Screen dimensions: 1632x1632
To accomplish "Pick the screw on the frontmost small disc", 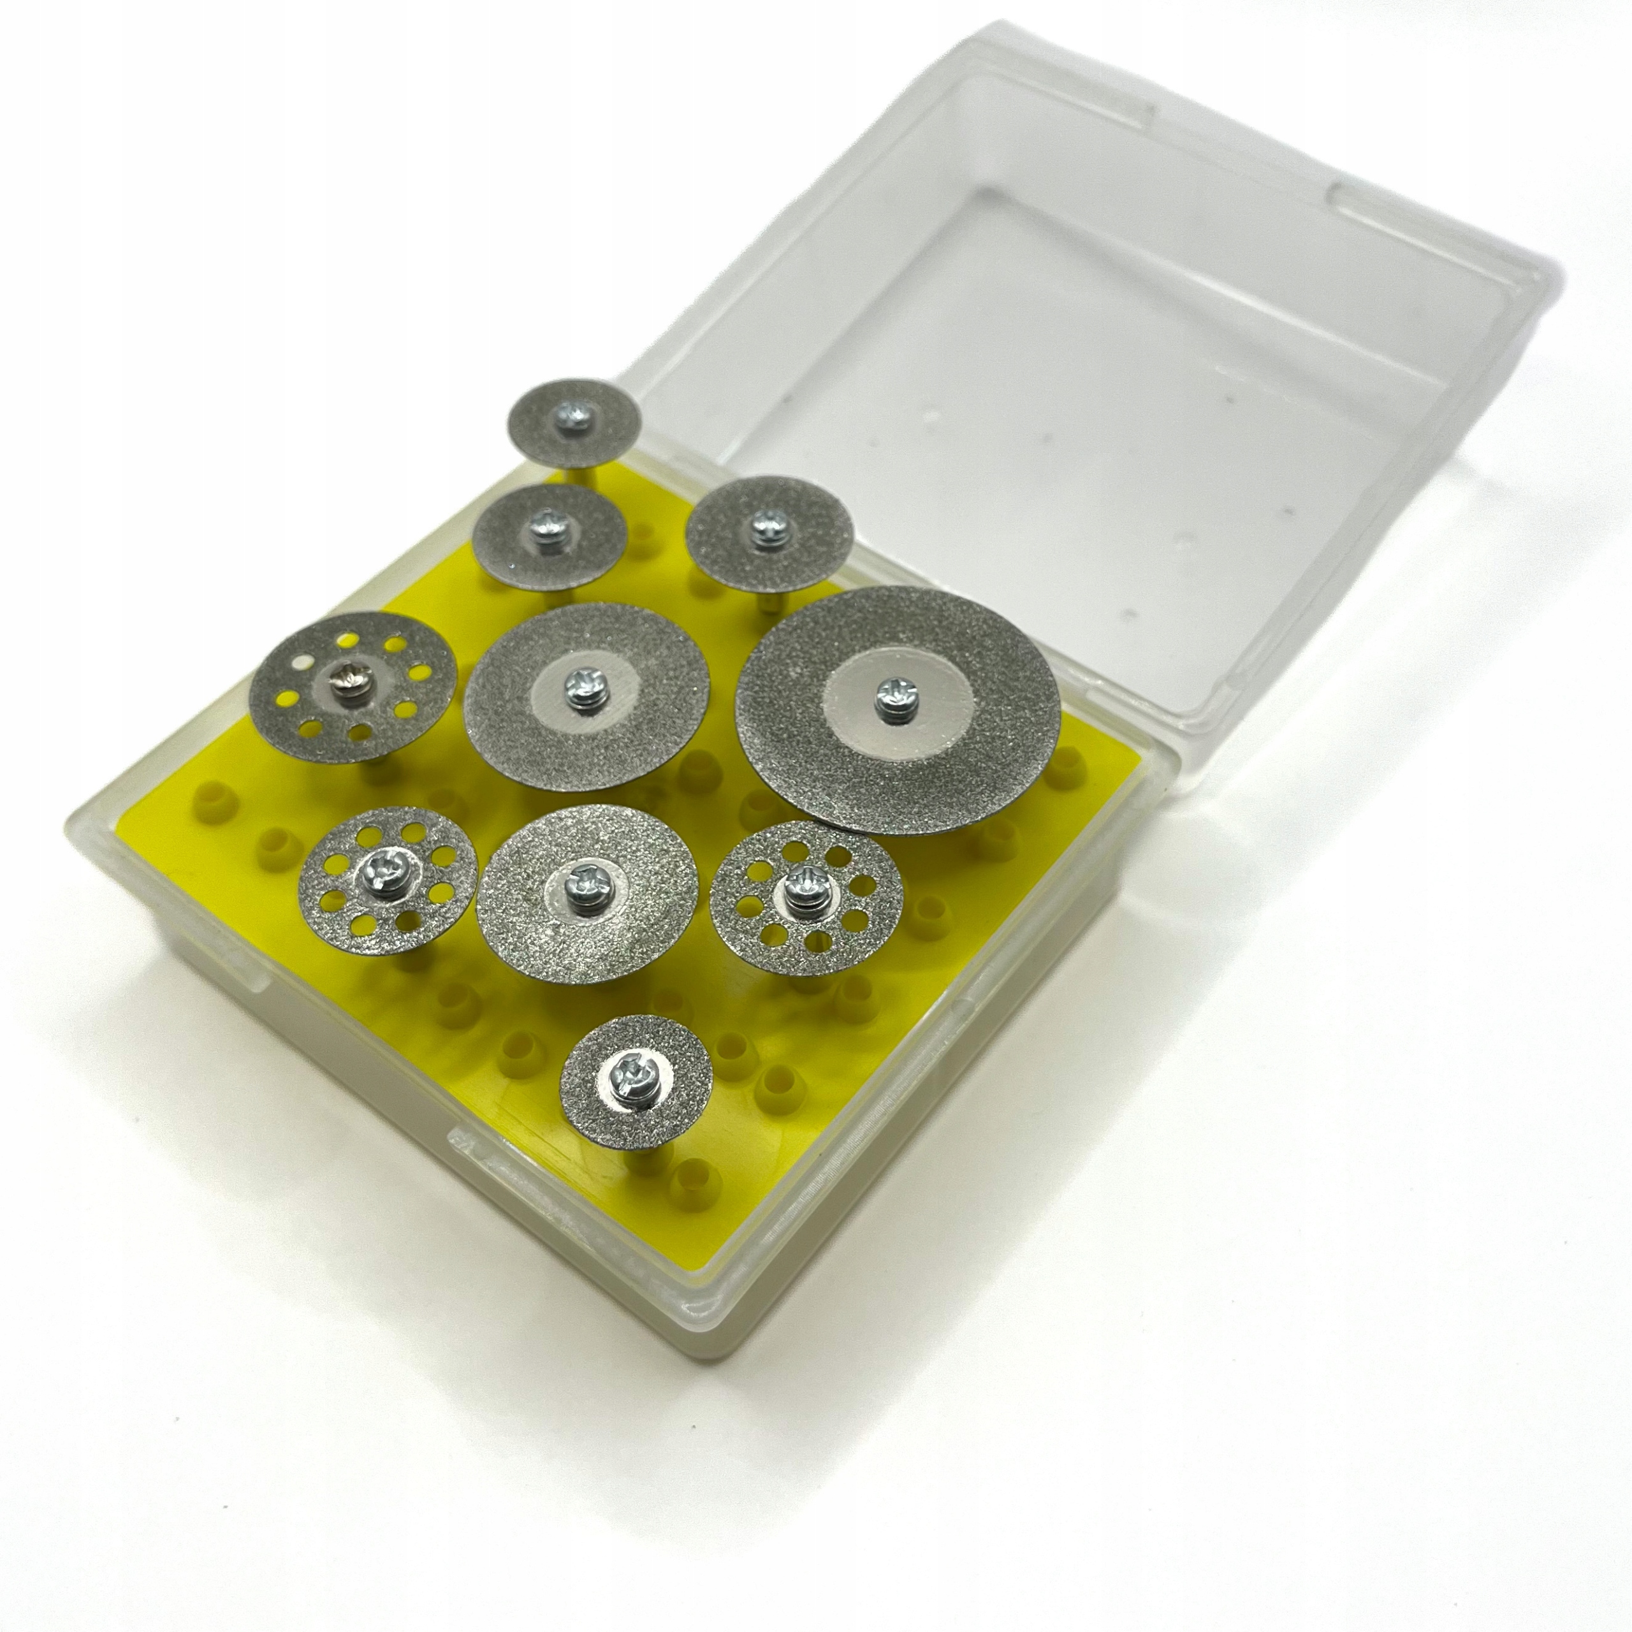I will click(631, 1074).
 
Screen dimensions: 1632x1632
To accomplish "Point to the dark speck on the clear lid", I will click(1288, 511).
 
